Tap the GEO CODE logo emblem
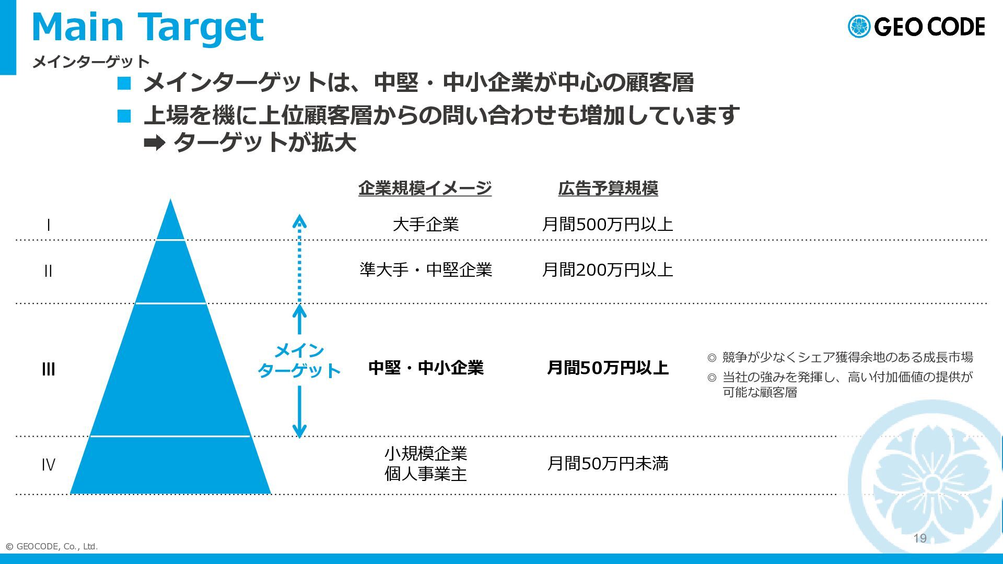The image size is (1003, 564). pyautogui.click(x=859, y=27)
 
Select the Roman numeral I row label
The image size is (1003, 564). pyautogui.click(x=49, y=225)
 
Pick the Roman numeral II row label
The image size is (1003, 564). pyautogui.click(x=48, y=271)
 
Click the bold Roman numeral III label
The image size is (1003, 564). pyautogui.click(x=48, y=369)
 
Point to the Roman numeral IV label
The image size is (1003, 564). pyautogui.click(x=48, y=464)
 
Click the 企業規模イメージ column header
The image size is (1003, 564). pyautogui.click(x=425, y=188)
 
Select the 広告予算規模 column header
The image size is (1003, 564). pyautogui.click(x=608, y=188)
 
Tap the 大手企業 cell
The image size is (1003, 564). pyautogui.click(x=426, y=225)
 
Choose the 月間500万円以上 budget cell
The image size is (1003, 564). pyautogui.click(x=608, y=225)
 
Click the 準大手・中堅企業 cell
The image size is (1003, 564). pyautogui.click(x=426, y=269)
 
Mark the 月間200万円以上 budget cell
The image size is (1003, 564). pyautogui.click(x=608, y=269)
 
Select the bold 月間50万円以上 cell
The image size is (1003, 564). pyautogui.click(x=608, y=368)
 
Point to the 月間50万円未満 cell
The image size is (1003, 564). pyautogui.click(x=608, y=463)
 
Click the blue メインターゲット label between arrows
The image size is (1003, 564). pyautogui.click(x=299, y=360)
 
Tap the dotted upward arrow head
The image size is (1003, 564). pyautogui.click(x=299, y=221)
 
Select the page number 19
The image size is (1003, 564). pyautogui.click(x=920, y=538)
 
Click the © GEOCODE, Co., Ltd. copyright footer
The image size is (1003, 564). pyautogui.click(x=52, y=547)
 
